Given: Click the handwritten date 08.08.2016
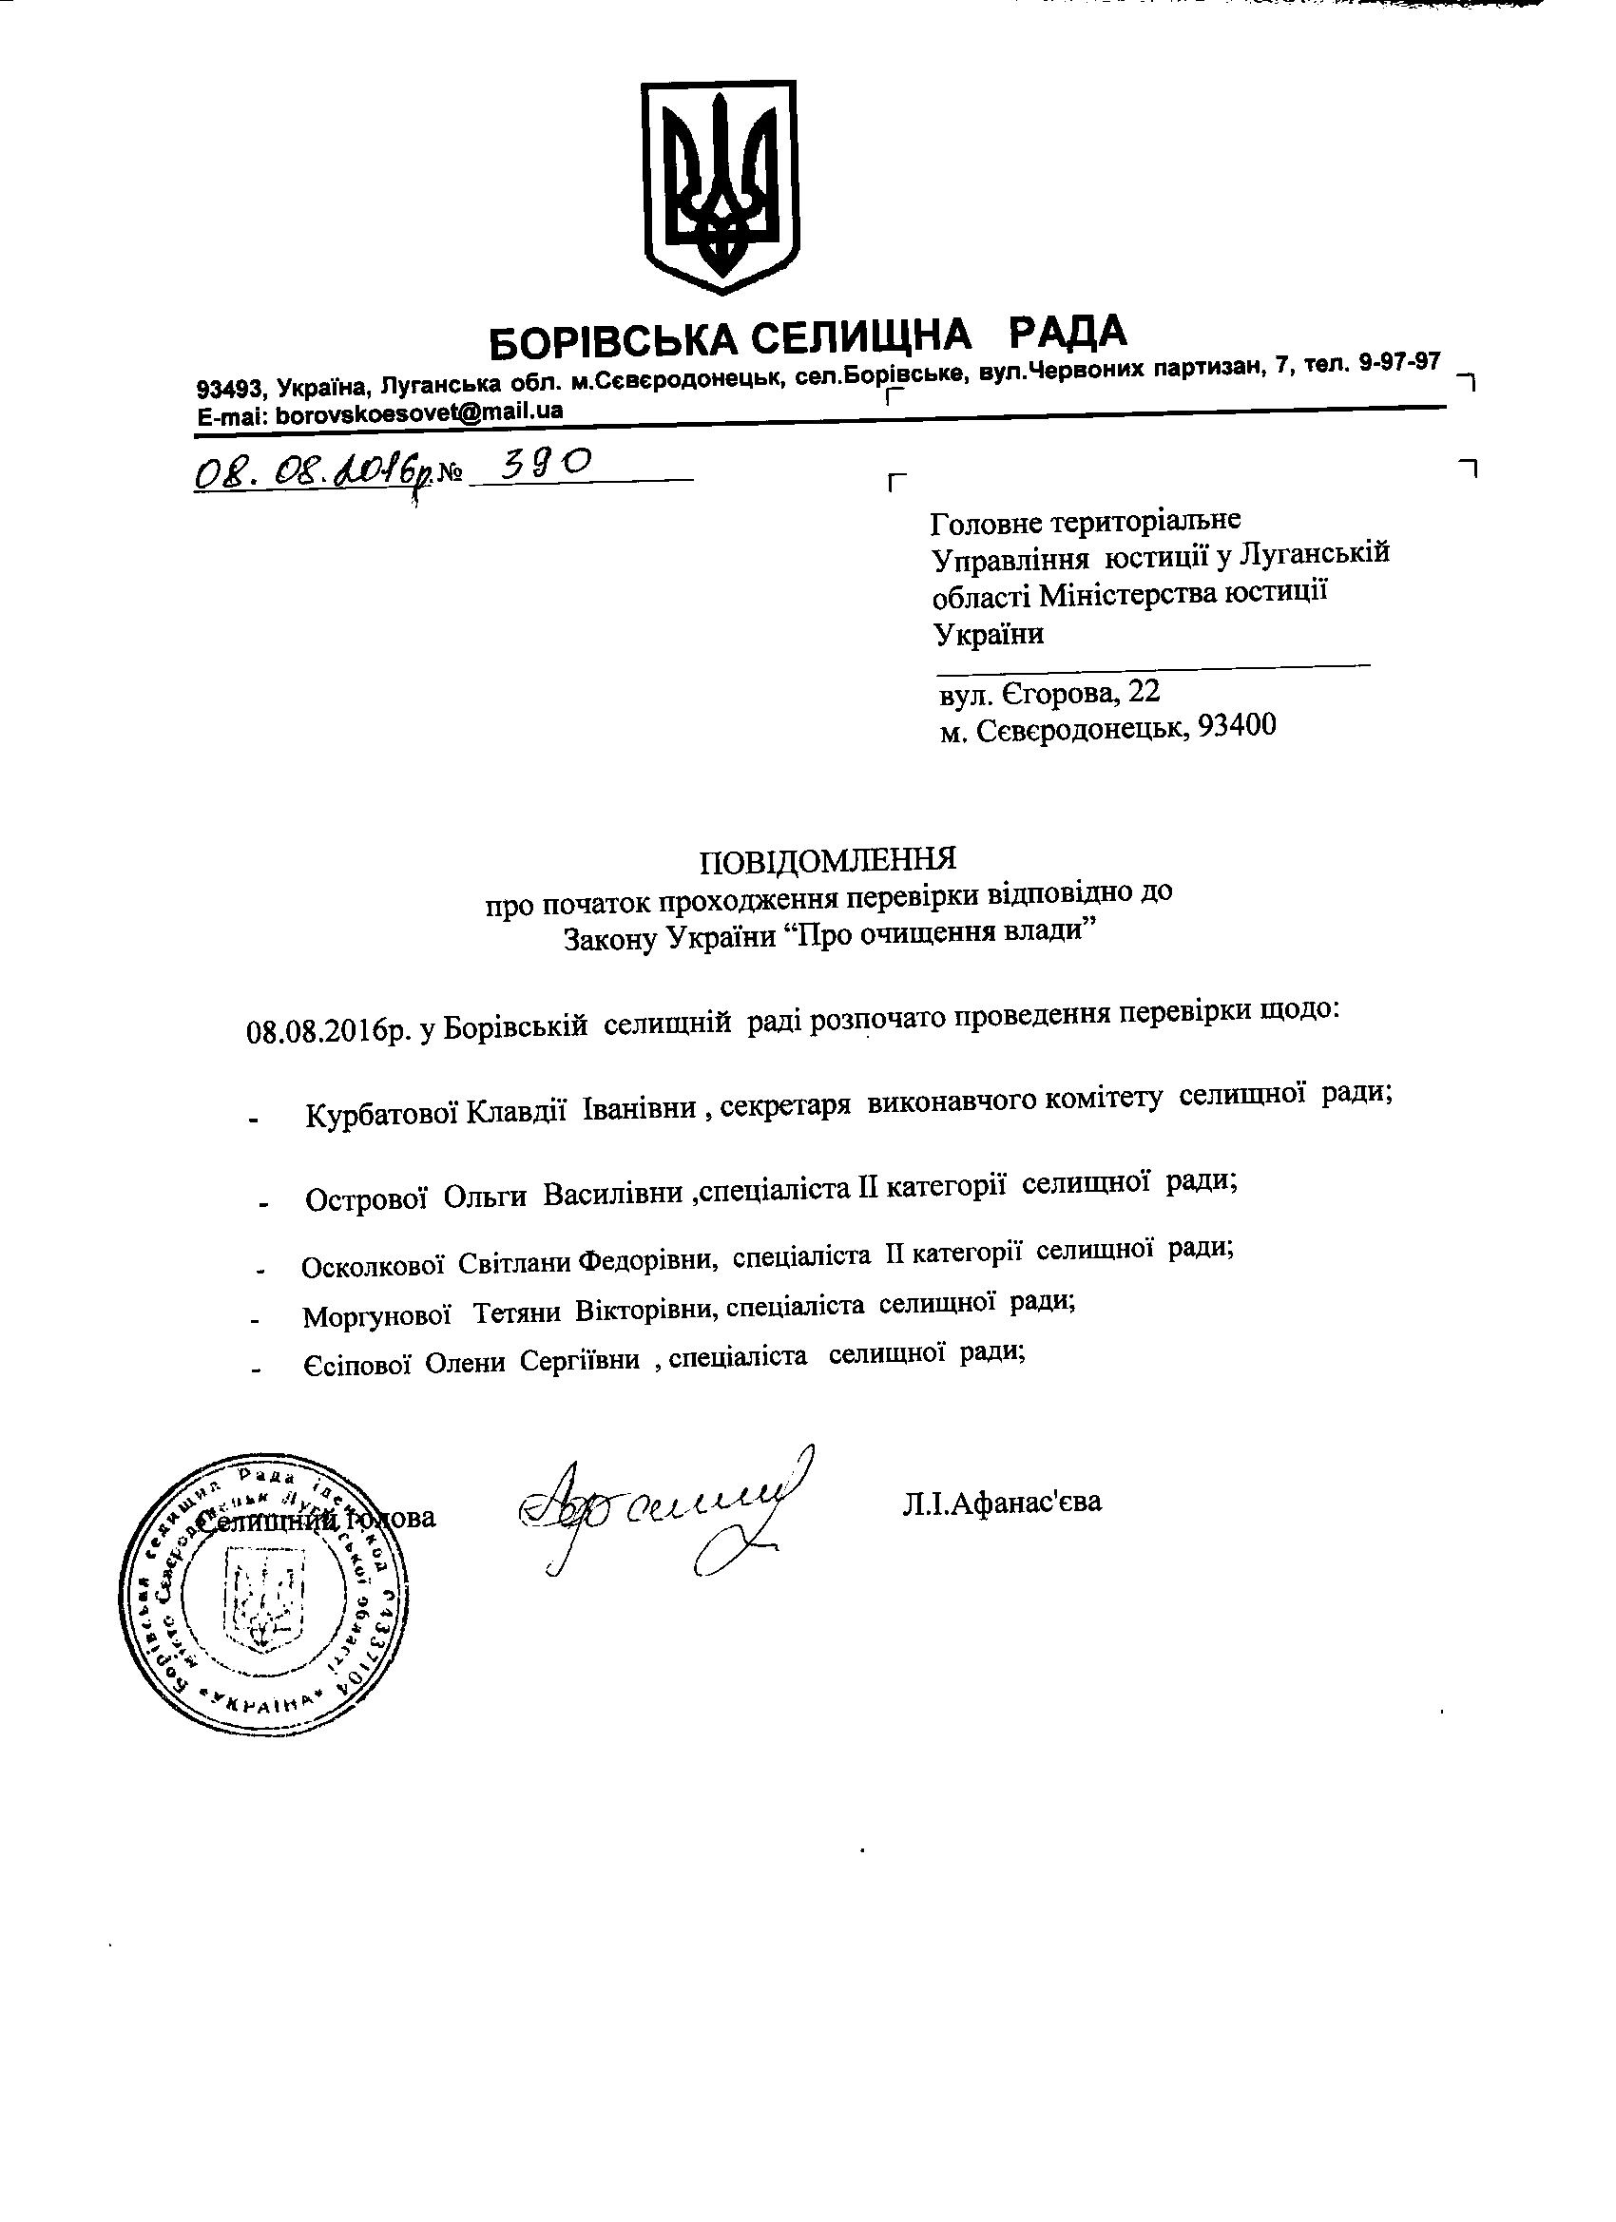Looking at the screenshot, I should [304, 475].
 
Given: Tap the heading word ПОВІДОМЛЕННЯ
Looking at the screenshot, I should [828, 860].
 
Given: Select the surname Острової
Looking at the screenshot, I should [366, 1198].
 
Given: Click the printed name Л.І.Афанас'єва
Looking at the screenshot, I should [1002, 1501].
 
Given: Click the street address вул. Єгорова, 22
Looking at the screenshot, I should [1049, 692].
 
